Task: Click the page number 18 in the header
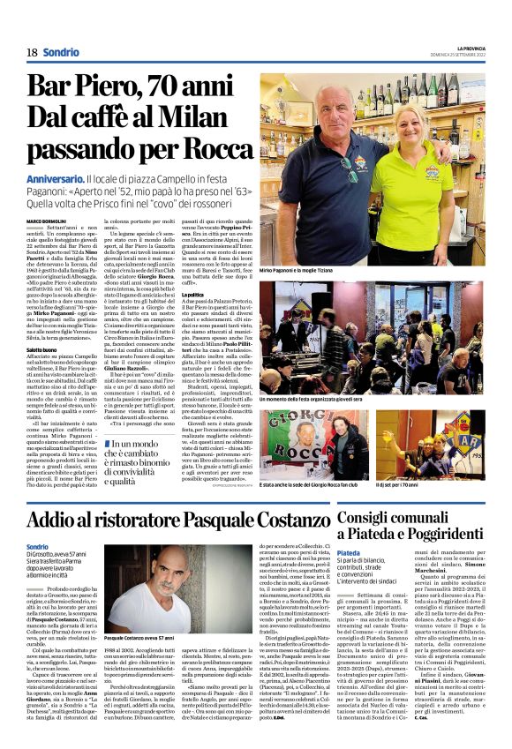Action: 32,52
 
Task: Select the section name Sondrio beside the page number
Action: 60,52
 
